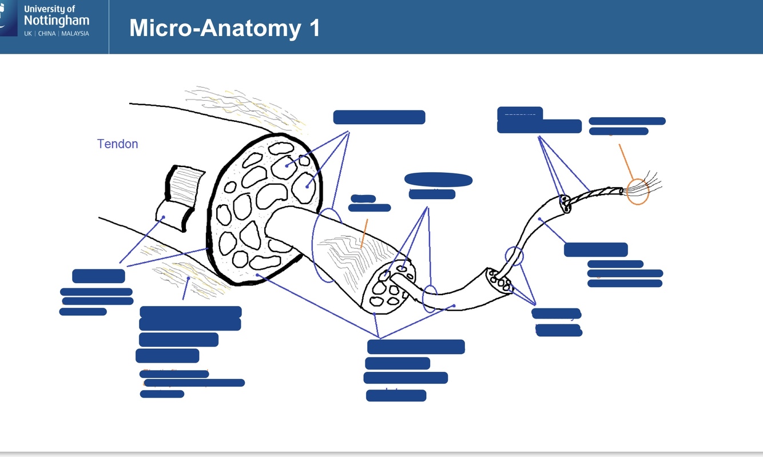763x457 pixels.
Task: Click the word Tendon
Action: [x=117, y=144]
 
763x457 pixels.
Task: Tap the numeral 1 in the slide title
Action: [x=314, y=28]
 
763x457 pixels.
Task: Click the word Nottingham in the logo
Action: [x=56, y=21]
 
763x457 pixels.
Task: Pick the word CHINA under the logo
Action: [x=47, y=34]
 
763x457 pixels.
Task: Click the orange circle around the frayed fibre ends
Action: [x=637, y=191]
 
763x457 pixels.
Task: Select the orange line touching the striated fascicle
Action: [x=364, y=233]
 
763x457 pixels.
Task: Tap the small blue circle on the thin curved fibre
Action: [x=514, y=256]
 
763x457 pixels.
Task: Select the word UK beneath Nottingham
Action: [x=28, y=34]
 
